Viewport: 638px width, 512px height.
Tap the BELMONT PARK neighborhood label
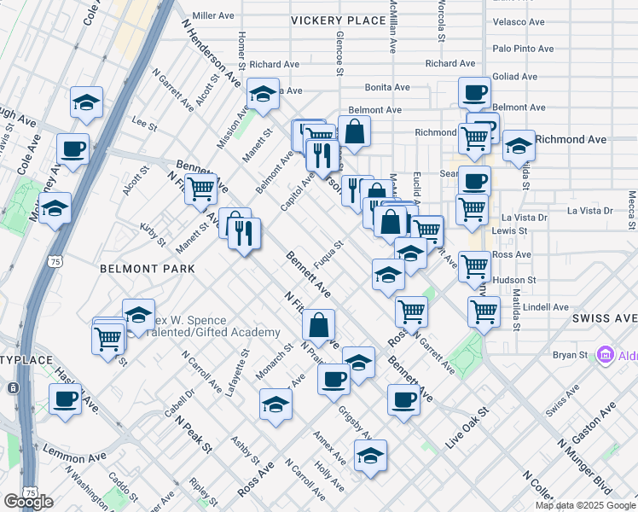pyautogui.click(x=147, y=269)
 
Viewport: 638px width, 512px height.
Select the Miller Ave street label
pyautogui.click(x=213, y=15)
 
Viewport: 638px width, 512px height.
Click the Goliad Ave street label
pyautogui.click(x=515, y=76)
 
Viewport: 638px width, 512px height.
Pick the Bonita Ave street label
pyautogui.click(x=388, y=87)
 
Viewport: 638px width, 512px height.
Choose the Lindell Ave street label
pyautogui.click(x=547, y=306)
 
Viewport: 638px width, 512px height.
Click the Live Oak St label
pyautogui.click(x=467, y=424)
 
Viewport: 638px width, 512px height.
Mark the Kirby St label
pyautogui.click(x=153, y=235)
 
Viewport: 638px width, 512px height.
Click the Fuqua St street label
pyautogui.click(x=328, y=254)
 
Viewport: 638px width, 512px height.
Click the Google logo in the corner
pyautogui.click(x=28, y=502)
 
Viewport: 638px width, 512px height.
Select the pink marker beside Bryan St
pyautogui.click(x=606, y=353)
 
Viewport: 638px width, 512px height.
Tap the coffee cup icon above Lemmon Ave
pyautogui.click(x=65, y=399)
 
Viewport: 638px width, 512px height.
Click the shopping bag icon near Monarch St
pyautogui.click(x=318, y=325)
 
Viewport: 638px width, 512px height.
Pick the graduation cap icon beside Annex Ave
pyautogui.click(x=370, y=457)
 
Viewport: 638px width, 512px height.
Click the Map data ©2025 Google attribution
pyautogui.click(x=584, y=505)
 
